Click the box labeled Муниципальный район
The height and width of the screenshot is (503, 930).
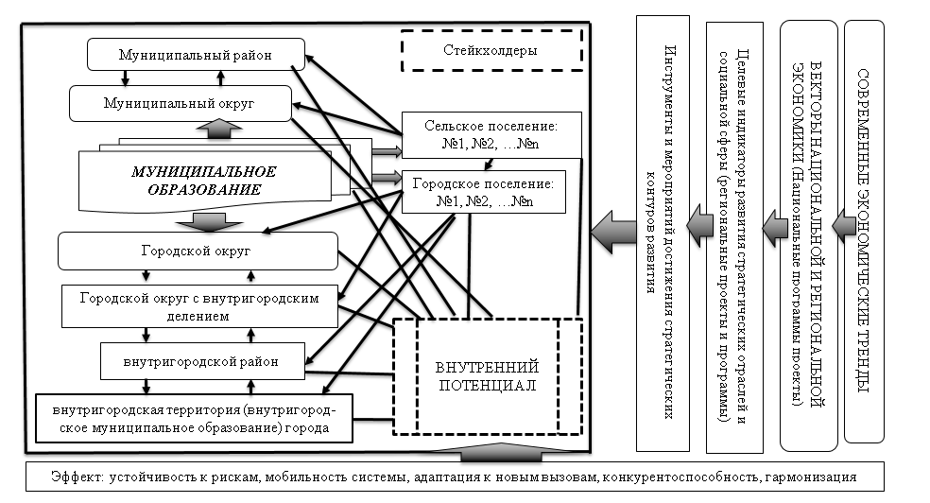click(196, 55)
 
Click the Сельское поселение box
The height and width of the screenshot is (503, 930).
click(480, 135)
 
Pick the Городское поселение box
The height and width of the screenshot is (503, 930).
click(482, 192)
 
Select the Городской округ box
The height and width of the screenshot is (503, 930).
click(197, 251)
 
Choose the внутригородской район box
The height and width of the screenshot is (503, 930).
click(203, 358)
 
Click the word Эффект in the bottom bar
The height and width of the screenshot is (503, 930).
click(77, 477)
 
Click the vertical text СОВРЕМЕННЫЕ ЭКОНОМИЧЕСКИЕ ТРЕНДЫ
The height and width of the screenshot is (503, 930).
click(863, 231)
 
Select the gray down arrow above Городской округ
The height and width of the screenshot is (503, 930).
click(211, 220)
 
